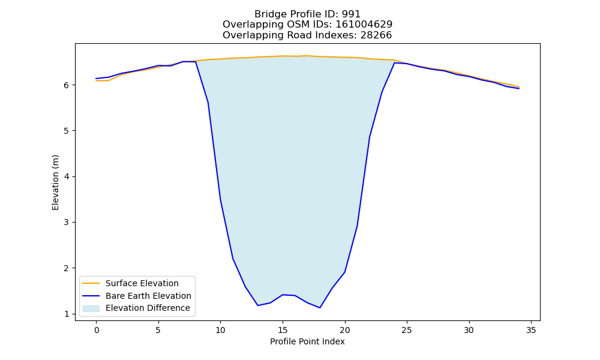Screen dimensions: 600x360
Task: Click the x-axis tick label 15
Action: pos(283,330)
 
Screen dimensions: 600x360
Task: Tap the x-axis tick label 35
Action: pos(531,330)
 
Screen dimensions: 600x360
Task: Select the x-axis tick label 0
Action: pos(97,330)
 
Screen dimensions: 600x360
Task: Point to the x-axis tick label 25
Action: pos(407,330)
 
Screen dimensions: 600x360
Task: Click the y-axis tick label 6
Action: pos(67,85)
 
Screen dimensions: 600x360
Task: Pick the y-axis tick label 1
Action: pos(67,314)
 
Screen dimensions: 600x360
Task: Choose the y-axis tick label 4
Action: pos(67,177)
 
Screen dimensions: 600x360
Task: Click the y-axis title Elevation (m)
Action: pos(55,182)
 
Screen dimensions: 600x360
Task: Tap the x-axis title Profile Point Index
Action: pos(307,341)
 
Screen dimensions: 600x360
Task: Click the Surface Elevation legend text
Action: pos(142,283)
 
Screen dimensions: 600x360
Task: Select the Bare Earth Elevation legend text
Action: pos(148,296)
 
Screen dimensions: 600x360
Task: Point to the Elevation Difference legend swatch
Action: pos(91,308)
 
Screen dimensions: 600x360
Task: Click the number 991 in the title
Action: pos(351,14)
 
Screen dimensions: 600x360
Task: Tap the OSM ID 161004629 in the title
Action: pos(364,25)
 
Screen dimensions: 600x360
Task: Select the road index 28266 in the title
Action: pos(376,35)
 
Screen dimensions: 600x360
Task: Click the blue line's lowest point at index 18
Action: pos(320,308)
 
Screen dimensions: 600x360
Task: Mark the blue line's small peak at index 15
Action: pos(283,295)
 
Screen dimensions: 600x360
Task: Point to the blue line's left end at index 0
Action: pos(96,79)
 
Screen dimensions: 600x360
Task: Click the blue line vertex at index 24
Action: pos(395,63)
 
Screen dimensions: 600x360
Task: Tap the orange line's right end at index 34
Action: pos(519,87)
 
